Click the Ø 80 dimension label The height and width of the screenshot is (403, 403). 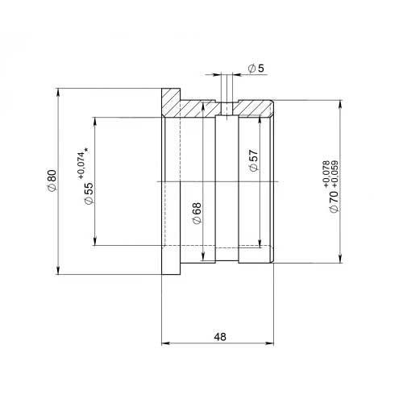coord(52,181)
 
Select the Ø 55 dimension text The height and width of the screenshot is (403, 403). coord(89,193)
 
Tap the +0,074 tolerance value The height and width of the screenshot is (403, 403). coord(82,167)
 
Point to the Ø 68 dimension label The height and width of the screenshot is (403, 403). coord(197,214)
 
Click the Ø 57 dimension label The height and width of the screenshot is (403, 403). coord(254,160)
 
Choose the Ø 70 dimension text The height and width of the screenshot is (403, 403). coord(334,201)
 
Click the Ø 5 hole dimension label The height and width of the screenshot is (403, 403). coord(256,69)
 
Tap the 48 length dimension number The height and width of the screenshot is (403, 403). coord(220,337)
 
